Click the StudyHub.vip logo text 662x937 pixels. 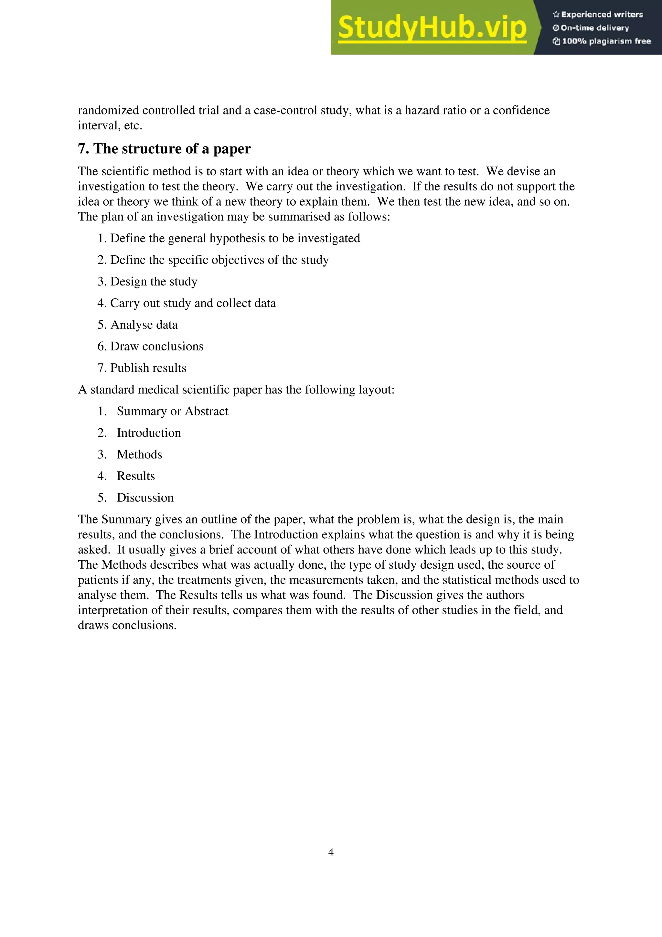[x=432, y=28]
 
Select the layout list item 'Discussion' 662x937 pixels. [x=145, y=498]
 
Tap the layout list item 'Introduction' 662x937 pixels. [x=148, y=433]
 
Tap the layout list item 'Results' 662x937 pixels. [x=135, y=476]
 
